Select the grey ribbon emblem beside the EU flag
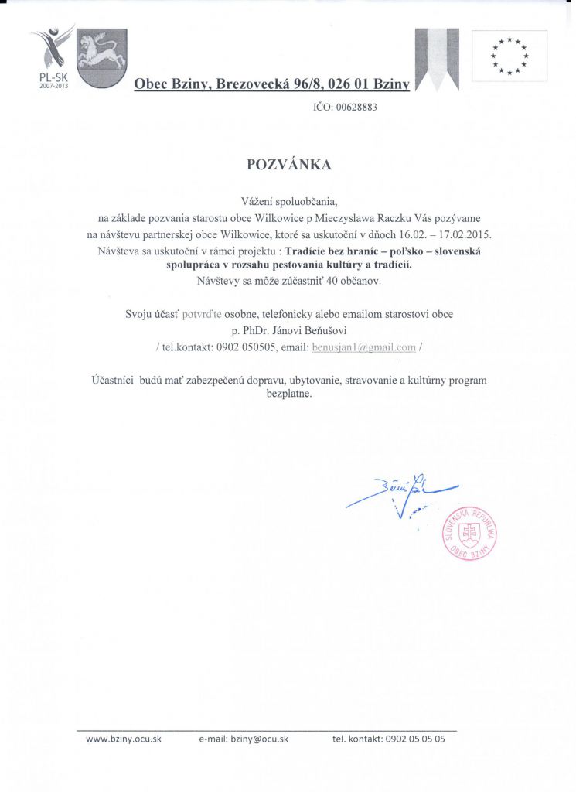pyautogui.click(x=436, y=60)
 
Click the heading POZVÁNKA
pyautogui.click(x=288, y=165)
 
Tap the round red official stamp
pyautogui.click(x=469, y=533)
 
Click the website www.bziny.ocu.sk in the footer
pyautogui.click(x=124, y=739)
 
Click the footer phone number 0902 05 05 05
pyautogui.click(x=414, y=739)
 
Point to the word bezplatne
pyautogui.click(x=288, y=394)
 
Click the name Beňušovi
pyautogui.click(x=320, y=331)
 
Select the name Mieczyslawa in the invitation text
pyautogui.click(x=333, y=217)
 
